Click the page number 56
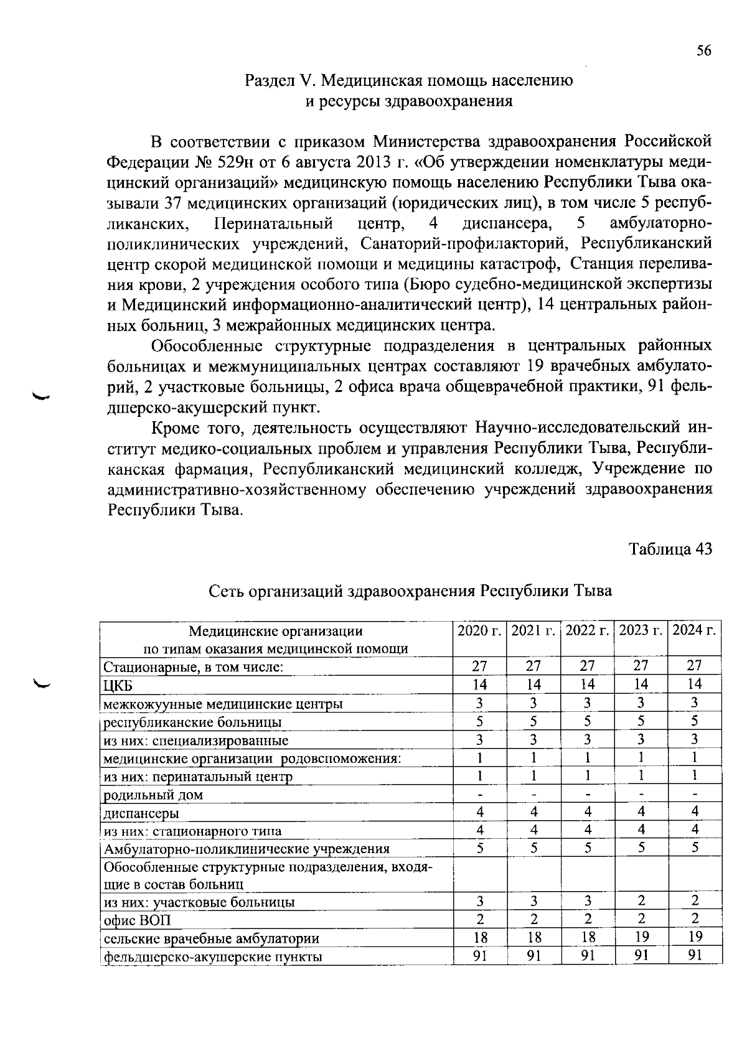pyautogui.click(x=703, y=51)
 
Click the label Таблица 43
pyautogui.click(x=670, y=549)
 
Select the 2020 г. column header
pyautogui.click(x=479, y=630)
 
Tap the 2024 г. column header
pyautogui.click(x=695, y=630)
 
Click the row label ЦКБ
pyautogui.click(x=118, y=685)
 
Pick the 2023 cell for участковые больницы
pyautogui.click(x=641, y=901)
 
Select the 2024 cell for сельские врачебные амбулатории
pyautogui.click(x=695, y=937)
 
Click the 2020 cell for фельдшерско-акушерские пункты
pyautogui.click(x=479, y=955)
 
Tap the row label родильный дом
pyautogui.click(x=153, y=795)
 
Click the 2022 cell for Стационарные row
pyautogui.click(x=588, y=666)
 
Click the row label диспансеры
pyautogui.click(x=141, y=813)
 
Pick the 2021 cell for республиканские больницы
pyautogui.click(x=533, y=721)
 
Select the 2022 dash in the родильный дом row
pyautogui.click(x=588, y=795)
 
